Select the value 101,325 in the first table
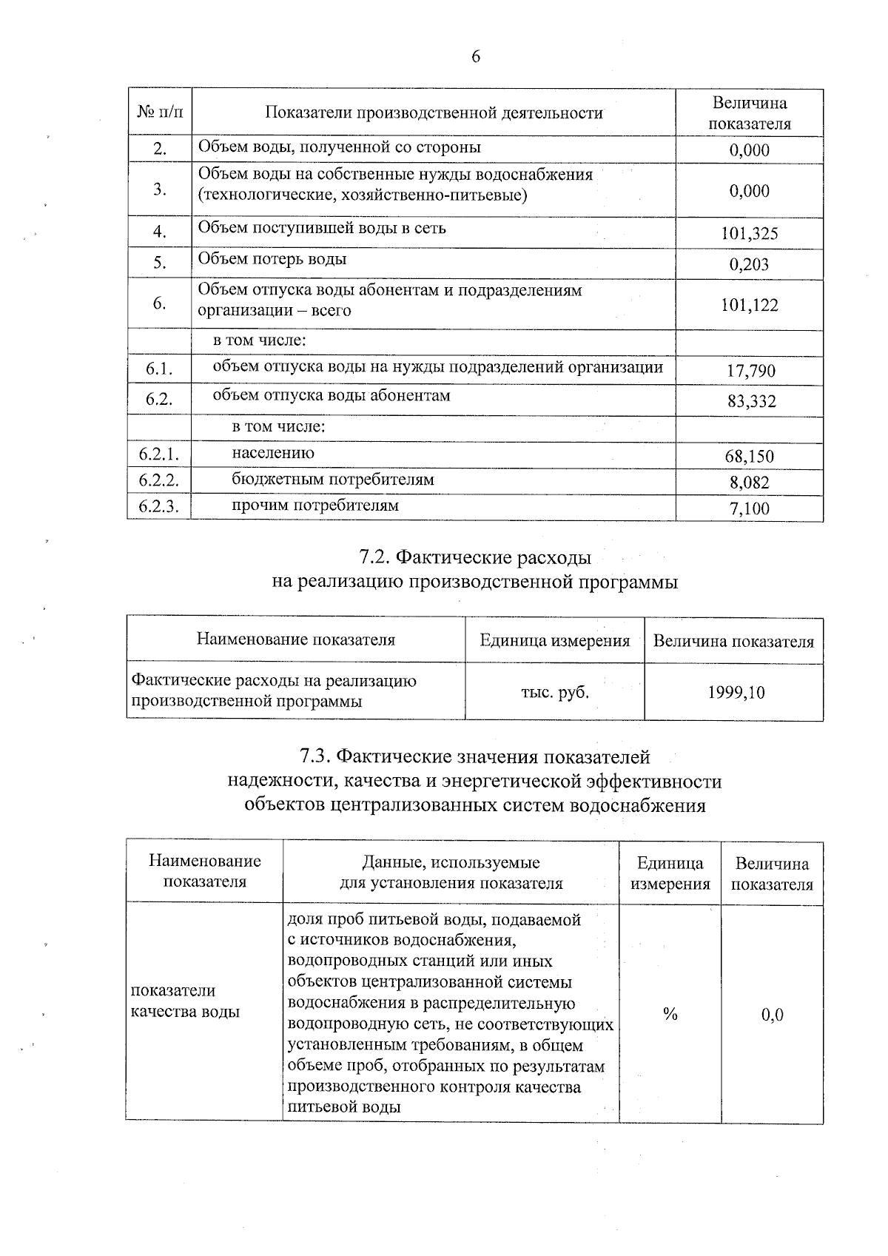point(750,234)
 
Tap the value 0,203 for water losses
point(749,265)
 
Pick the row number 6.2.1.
point(159,454)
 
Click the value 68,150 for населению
point(750,457)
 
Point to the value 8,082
point(750,483)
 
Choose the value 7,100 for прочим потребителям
point(750,508)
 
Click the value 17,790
point(750,372)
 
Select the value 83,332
point(750,402)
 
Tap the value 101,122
point(750,305)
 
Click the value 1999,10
point(736,693)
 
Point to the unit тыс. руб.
point(555,693)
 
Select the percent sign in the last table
point(670,1015)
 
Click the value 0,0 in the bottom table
point(772,1015)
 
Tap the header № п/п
point(159,112)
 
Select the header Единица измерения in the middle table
point(555,640)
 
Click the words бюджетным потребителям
point(333,480)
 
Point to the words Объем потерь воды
point(272,259)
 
